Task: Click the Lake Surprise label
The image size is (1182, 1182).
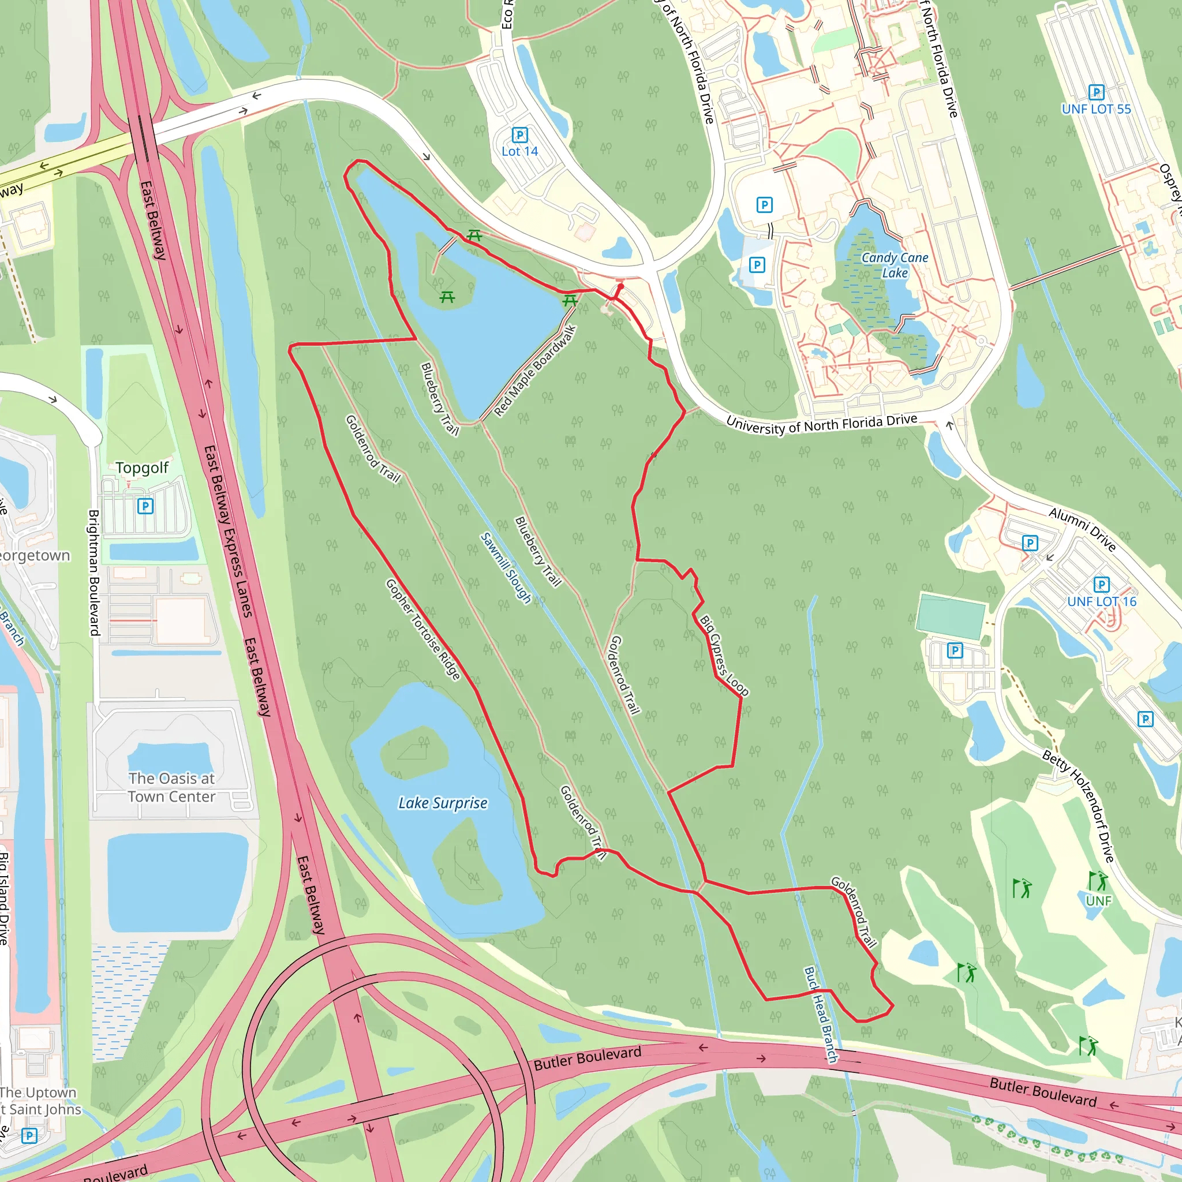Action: tap(443, 803)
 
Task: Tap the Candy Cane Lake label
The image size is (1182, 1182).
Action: tap(895, 265)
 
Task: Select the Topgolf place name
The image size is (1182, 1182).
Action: tap(142, 468)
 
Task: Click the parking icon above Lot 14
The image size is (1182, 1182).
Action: tap(519, 134)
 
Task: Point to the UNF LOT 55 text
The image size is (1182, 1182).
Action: tap(1097, 109)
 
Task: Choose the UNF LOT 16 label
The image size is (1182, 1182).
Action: tap(1101, 601)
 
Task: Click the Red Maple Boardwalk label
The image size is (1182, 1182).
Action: tap(534, 371)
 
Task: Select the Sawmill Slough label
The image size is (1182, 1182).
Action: tap(506, 567)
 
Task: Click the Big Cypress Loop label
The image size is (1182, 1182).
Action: tap(724, 655)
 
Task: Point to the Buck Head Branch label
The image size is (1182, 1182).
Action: tap(821, 1015)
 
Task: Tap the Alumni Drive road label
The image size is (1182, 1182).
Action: tap(1082, 529)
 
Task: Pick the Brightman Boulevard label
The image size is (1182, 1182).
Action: tap(94, 572)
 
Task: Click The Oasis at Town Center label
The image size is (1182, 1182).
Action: tap(171, 787)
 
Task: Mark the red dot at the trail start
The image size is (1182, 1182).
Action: tap(620, 286)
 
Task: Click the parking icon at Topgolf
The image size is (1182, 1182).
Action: tap(145, 506)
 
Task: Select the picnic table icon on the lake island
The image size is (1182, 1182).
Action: tap(447, 297)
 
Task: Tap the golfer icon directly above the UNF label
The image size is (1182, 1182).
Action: tap(1098, 881)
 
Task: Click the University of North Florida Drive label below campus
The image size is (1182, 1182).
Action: tap(822, 424)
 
